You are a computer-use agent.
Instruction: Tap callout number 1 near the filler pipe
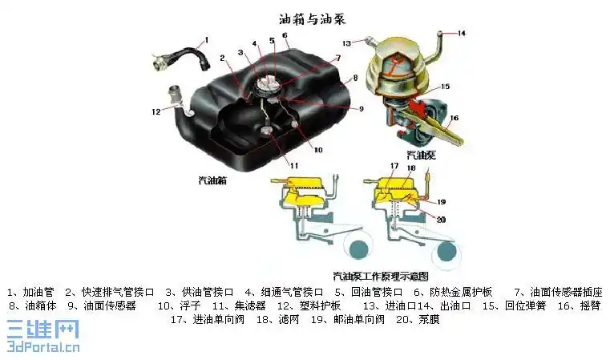[206, 39]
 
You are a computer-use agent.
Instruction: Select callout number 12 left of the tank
[156, 112]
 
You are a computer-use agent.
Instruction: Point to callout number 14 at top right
[462, 33]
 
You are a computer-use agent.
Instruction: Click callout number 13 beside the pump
[346, 42]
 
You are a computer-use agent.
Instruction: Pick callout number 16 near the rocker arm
[454, 118]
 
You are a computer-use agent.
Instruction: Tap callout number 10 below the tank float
[318, 150]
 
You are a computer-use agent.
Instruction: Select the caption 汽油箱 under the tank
[212, 180]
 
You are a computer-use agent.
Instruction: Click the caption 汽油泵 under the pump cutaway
[422, 154]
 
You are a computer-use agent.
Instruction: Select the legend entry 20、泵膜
[416, 319]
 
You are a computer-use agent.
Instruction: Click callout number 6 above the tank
[285, 38]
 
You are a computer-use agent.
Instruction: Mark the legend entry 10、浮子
[179, 305]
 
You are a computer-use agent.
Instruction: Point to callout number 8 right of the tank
[353, 79]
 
